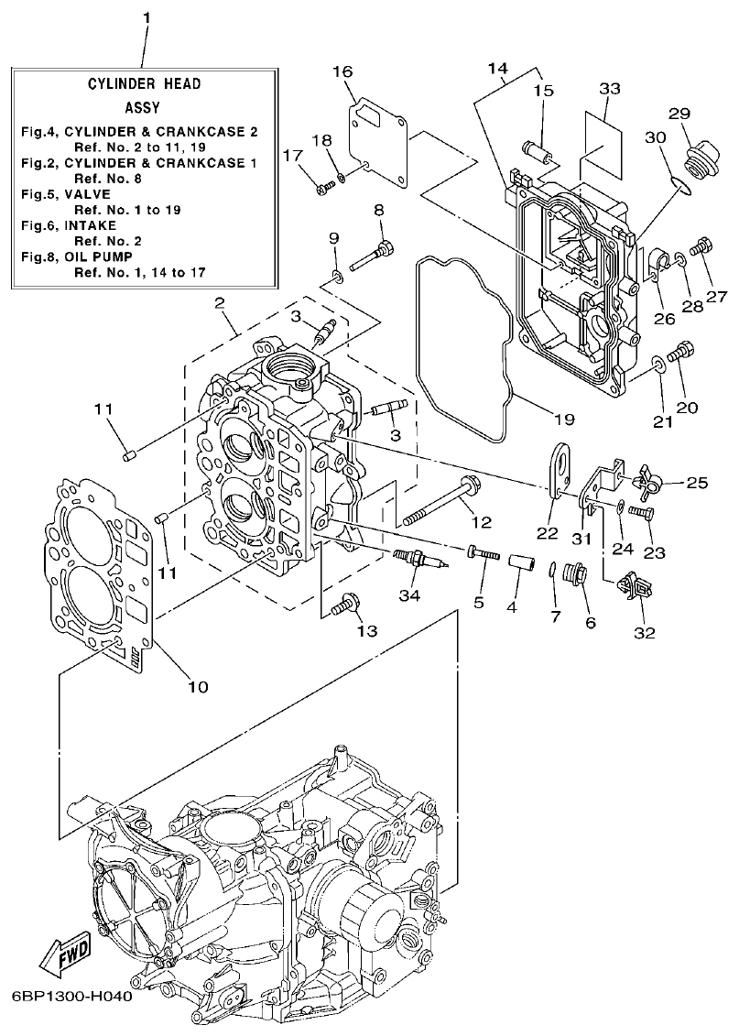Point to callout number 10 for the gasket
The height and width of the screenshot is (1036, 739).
[198, 686]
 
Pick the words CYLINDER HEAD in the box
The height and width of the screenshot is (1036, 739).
[144, 83]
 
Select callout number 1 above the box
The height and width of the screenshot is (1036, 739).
[147, 17]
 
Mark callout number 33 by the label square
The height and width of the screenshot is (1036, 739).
[610, 89]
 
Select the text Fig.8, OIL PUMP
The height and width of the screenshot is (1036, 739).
[83, 257]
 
